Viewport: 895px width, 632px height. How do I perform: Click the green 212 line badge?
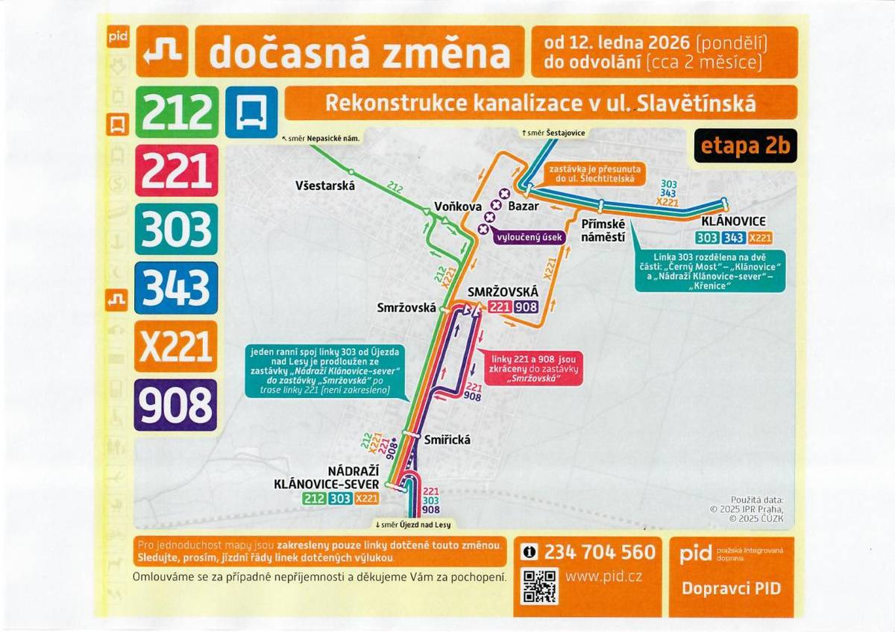click(x=177, y=112)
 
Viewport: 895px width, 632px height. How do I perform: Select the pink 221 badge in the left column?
click(x=177, y=171)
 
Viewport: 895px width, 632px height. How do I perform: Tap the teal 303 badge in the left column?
click(x=177, y=229)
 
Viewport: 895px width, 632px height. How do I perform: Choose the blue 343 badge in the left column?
click(x=177, y=288)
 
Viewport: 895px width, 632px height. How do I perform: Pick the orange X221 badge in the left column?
click(x=177, y=347)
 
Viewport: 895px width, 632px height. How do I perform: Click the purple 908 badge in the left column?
click(x=177, y=405)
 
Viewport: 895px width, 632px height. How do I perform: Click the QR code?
click(x=538, y=586)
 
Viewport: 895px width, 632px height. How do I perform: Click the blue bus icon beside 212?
click(x=251, y=112)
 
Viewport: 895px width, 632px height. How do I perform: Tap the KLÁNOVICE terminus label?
click(x=733, y=222)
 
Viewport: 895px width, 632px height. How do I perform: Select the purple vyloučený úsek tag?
click(x=529, y=236)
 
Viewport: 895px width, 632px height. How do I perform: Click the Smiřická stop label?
click(x=447, y=440)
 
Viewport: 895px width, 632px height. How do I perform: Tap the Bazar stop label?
click(x=523, y=206)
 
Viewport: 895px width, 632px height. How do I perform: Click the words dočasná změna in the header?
click(x=359, y=52)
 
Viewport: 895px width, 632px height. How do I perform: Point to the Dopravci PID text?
click(x=731, y=588)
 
